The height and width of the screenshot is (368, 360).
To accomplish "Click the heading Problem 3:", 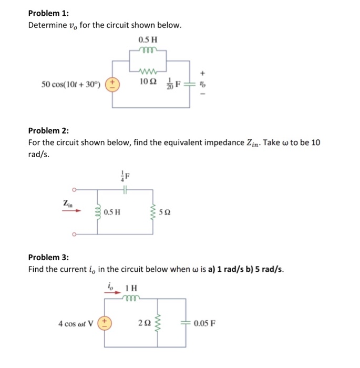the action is click(48, 257).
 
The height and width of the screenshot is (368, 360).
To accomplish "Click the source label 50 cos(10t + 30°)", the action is click(71, 85).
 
